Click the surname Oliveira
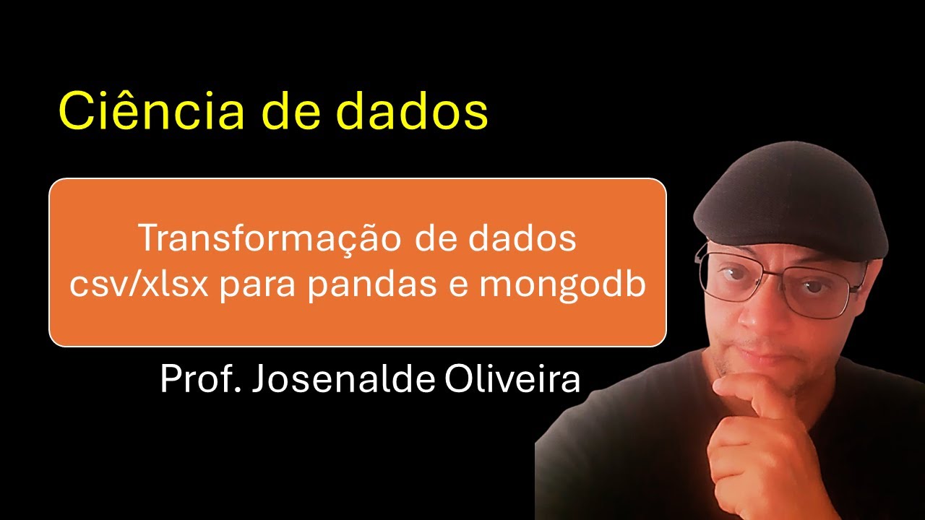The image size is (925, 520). pos(512,378)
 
